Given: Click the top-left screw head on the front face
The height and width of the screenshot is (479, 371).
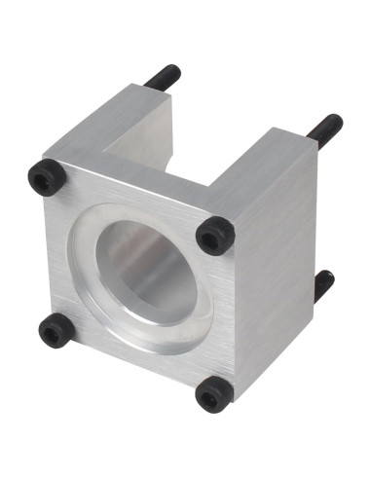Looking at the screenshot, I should [46, 177].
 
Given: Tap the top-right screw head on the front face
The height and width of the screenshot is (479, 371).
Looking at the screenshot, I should [214, 235].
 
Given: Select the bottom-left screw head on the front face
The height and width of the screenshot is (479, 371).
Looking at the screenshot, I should [55, 332].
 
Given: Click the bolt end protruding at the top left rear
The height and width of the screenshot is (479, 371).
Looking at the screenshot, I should [164, 76].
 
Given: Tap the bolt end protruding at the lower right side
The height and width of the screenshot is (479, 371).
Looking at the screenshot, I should [323, 285].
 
